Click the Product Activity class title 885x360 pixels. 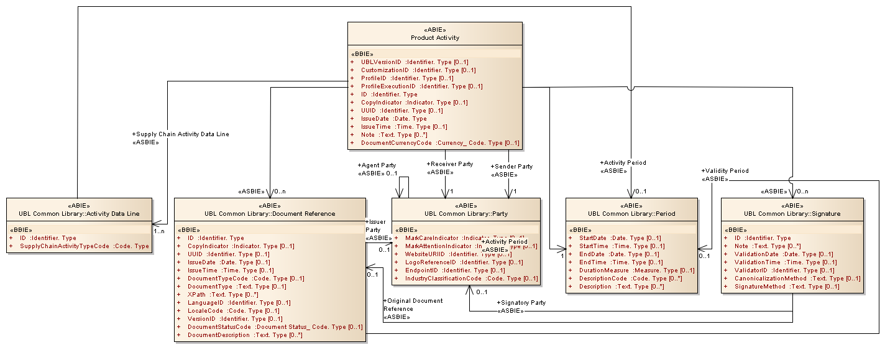click(x=434, y=38)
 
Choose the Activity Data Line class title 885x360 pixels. click(x=79, y=213)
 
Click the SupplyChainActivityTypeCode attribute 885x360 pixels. click(x=85, y=246)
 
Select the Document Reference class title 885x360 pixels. click(x=270, y=213)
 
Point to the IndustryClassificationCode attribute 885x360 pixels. click(x=471, y=279)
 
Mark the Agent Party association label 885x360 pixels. click(x=377, y=165)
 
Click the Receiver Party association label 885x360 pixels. click(x=449, y=164)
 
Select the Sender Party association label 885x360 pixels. click(x=511, y=167)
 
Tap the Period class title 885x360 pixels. click(x=631, y=213)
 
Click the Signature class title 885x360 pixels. click(x=792, y=213)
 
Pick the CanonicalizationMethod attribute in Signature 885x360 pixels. click(x=797, y=279)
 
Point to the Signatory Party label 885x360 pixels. click(x=521, y=303)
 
